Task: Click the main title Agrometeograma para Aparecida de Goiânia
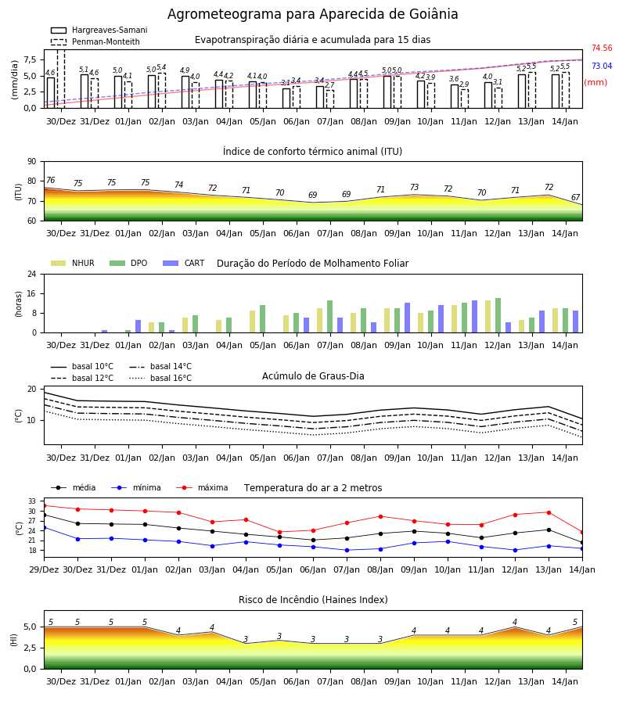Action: (312, 14)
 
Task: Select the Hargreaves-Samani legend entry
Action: (99, 30)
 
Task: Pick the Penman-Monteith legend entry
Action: (95, 41)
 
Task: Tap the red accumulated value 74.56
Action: (602, 48)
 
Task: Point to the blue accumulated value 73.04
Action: (602, 66)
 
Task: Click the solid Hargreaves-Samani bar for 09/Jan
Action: (387, 92)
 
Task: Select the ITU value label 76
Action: (51, 181)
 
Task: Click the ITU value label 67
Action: (575, 198)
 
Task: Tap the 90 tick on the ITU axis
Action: (32, 162)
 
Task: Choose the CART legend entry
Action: (184, 263)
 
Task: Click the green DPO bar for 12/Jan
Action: (498, 315)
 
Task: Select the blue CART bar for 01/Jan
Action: (138, 326)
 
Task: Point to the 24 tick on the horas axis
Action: (32, 274)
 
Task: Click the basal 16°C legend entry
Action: (160, 378)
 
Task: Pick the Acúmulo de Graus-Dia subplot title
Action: (313, 376)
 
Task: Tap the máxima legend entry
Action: (202, 487)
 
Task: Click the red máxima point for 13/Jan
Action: (549, 512)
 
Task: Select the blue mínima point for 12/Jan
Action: (515, 550)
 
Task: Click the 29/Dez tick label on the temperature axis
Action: (44, 569)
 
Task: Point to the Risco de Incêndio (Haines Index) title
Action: (313, 600)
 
